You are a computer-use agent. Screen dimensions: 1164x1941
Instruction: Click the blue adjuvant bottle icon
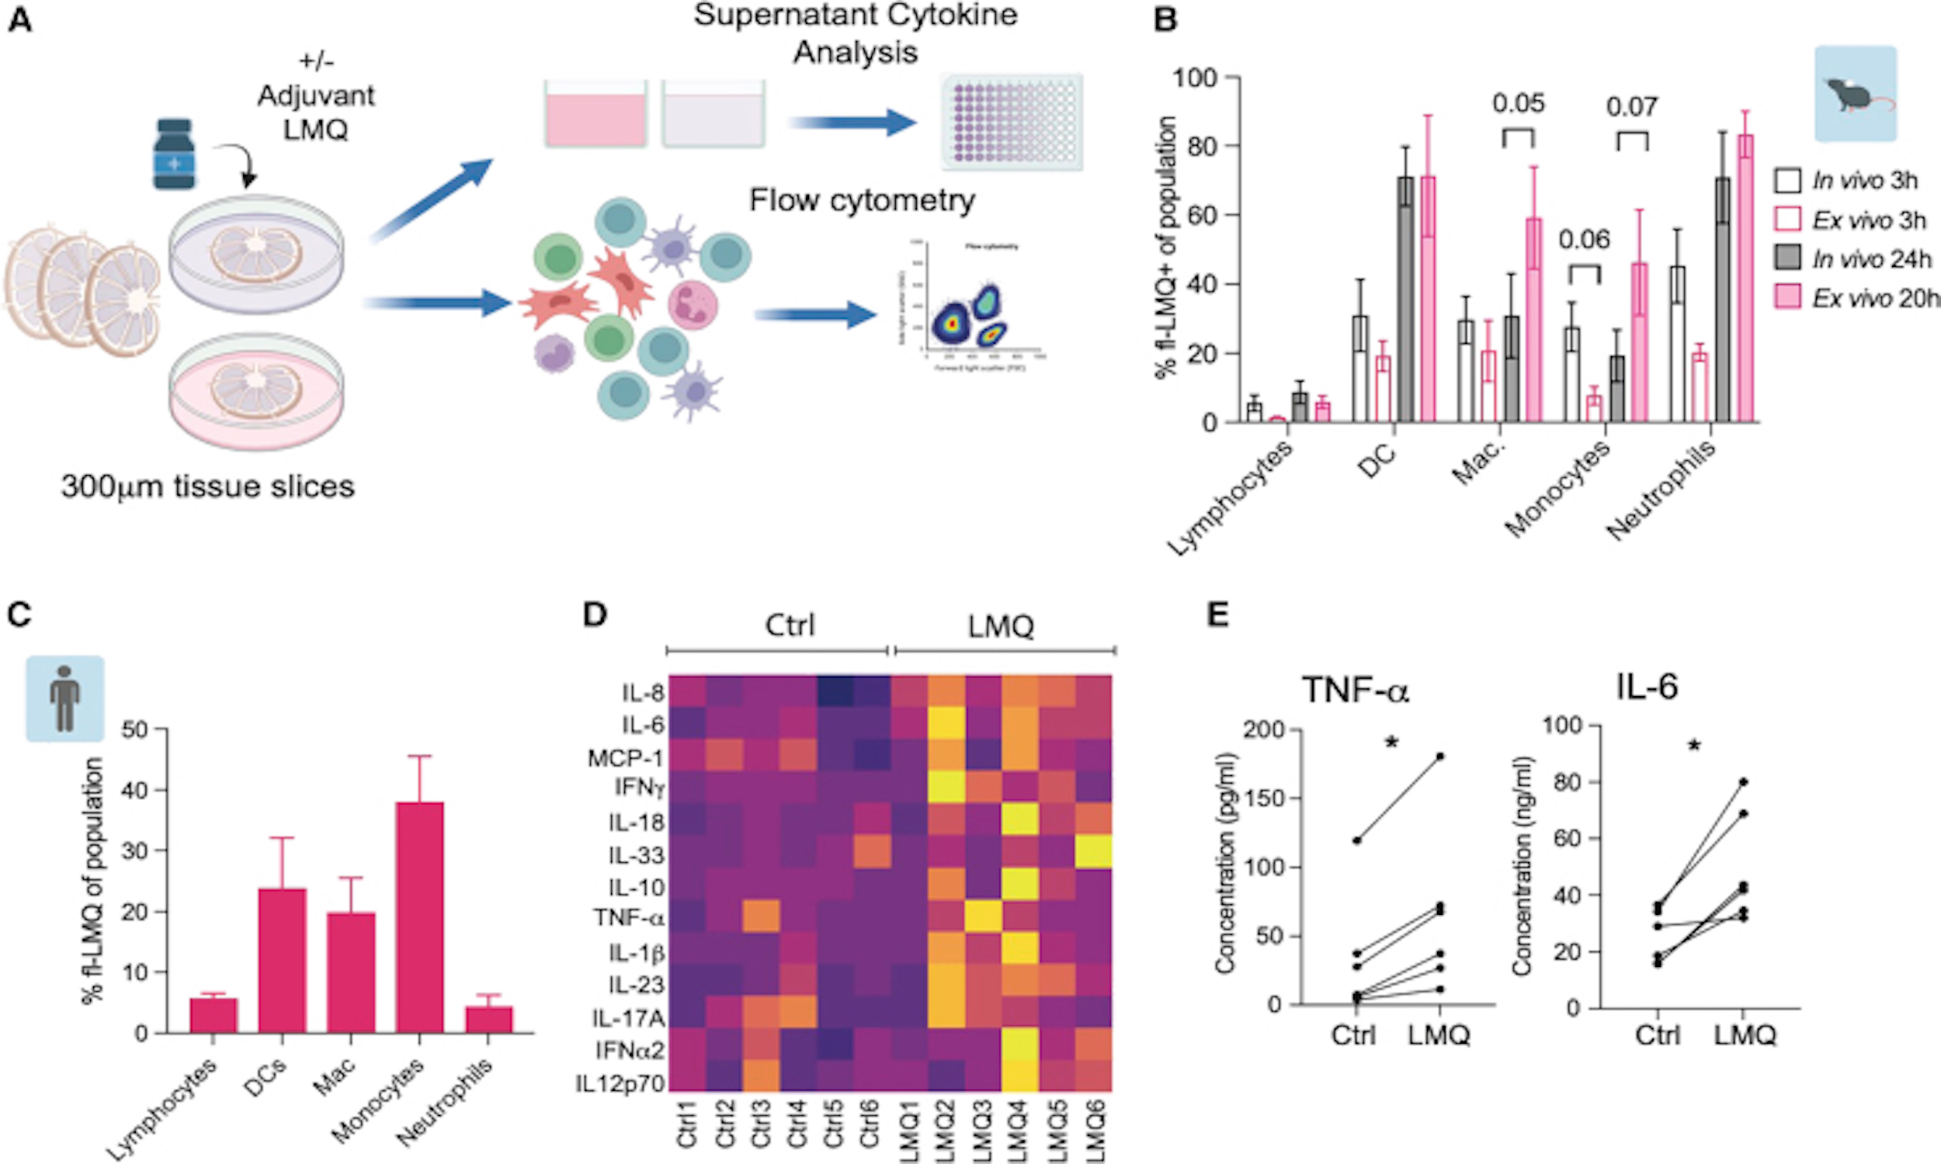(x=174, y=154)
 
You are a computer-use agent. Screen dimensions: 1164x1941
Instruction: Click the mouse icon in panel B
(x=1856, y=94)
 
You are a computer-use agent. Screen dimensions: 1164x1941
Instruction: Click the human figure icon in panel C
(x=65, y=698)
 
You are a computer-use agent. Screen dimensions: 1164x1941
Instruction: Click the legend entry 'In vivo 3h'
(x=1864, y=180)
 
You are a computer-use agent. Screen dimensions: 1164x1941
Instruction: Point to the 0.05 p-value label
(x=1518, y=102)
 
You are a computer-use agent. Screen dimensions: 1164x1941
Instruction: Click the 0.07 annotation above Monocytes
(x=1632, y=106)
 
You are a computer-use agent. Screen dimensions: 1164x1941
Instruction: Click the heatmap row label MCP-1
(x=625, y=758)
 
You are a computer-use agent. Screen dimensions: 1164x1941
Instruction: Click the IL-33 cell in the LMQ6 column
(x=1093, y=854)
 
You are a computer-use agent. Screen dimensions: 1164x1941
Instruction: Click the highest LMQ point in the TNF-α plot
(x=1440, y=756)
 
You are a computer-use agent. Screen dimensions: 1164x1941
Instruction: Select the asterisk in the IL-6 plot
(x=1694, y=747)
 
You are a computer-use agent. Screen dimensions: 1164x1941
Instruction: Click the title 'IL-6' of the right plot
(x=1647, y=687)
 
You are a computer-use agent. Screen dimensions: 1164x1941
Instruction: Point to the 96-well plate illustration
(x=1012, y=122)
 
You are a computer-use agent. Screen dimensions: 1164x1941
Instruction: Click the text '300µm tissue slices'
(x=208, y=487)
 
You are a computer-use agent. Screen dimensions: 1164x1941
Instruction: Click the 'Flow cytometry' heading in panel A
(x=862, y=200)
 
